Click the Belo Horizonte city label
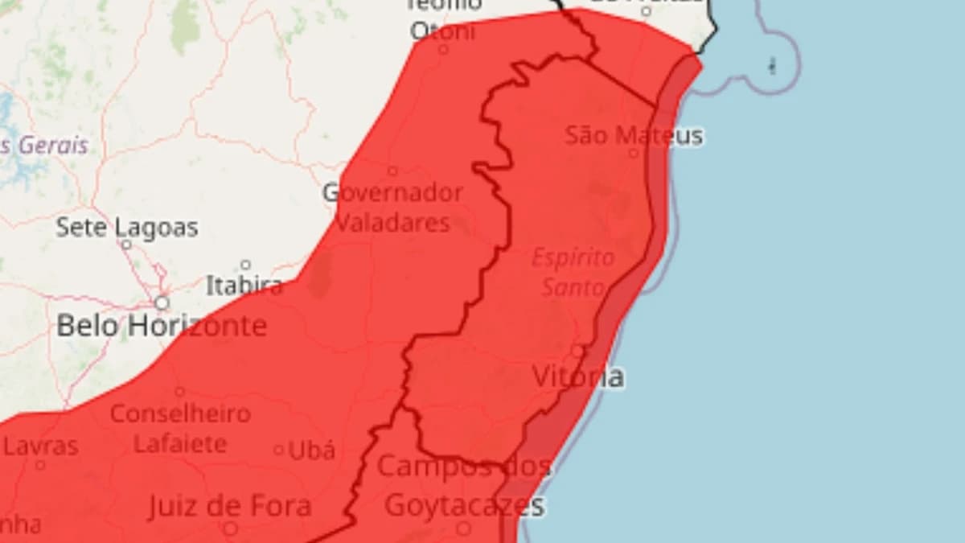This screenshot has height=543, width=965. [x=161, y=326]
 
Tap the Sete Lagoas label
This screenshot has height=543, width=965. [x=126, y=228]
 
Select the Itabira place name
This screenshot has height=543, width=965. [x=244, y=285]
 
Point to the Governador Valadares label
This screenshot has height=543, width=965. [x=392, y=207]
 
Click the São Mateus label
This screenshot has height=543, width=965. [x=634, y=135]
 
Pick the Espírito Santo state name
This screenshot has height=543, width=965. [x=573, y=272]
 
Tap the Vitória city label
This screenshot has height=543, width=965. [x=577, y=376]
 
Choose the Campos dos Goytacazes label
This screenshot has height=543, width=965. [x=464, y=486]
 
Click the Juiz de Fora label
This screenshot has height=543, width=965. [x=229, y=506]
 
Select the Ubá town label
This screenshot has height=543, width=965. [x=310, y=450]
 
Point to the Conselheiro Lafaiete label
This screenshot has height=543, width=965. [x=180, y=428]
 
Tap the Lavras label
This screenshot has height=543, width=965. [x=41, y=446]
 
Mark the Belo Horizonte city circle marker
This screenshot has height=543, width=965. [x=162, y=302]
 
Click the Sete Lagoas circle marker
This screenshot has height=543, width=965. [x=126, y=244]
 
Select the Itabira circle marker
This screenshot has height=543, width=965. [x=245, y=265]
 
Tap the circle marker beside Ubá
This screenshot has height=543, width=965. [x=279, y=450]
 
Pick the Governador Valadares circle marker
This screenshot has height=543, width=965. [x=392, y=171]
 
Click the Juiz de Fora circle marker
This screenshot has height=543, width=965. [x=230, y=528]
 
